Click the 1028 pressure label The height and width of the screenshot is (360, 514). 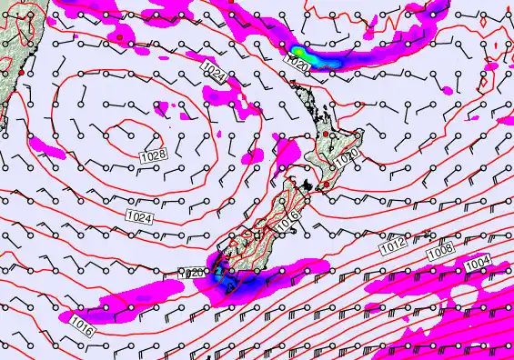(x=153, y=157)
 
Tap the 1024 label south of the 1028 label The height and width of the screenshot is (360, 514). (x=138, y=217)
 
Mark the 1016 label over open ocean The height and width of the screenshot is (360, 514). (x=81, y=323)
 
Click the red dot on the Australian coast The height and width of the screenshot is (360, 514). (x=20, y=71)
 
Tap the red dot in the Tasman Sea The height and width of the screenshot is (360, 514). (x=119, y=37)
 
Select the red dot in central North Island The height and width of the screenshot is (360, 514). (x=325, y=135)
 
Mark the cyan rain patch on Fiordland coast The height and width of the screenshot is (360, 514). (x=218, y=270)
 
